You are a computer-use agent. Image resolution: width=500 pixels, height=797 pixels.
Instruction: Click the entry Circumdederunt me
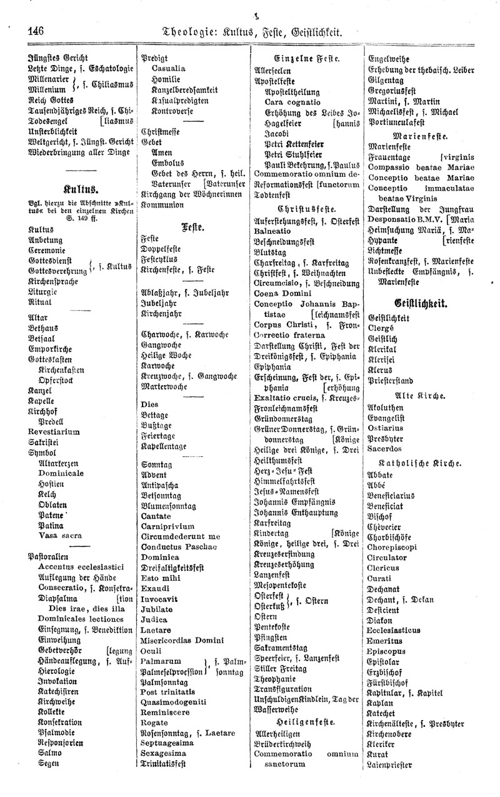(181, 536)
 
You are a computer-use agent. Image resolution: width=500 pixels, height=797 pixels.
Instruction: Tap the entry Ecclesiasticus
(394, 630)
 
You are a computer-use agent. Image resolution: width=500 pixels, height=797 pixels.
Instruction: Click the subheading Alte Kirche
(419, 396)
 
